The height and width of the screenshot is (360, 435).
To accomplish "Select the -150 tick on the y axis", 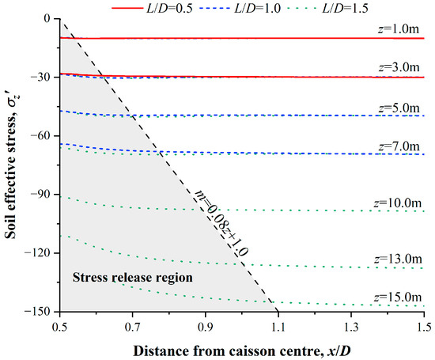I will [x=36, y=311].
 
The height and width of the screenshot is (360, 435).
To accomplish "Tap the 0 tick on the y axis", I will [x=46, y=18].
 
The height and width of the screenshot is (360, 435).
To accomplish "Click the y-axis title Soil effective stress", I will [x=12, y=165].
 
